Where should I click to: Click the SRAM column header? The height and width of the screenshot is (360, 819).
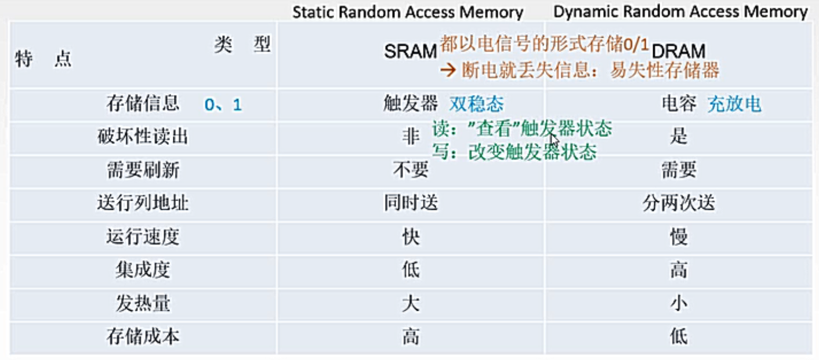coord(409,52)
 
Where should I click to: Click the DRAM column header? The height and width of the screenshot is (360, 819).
coord(678,52)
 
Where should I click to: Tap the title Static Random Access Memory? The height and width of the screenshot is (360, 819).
coord(407,12)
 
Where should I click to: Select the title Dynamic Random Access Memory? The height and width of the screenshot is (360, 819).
coord(680,12)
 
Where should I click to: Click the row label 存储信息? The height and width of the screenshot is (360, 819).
coord(143,104)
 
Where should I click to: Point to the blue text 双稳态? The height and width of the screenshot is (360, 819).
coord(476,104)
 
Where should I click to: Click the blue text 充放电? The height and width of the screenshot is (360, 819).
coord(734,104)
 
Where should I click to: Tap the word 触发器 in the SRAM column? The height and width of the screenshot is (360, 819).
coord(410,104)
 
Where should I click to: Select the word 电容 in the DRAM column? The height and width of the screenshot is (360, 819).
coord(679,104)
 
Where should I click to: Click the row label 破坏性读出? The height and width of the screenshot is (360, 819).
coord(143,137)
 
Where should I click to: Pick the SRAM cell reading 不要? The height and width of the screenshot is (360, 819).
coord(410,170)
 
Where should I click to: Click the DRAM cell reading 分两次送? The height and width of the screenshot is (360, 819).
coord(678,203)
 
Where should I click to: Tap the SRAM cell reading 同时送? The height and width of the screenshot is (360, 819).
coord(410,203)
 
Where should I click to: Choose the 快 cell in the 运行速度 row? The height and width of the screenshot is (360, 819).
coord(410,237)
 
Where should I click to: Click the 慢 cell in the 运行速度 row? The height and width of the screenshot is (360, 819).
coord(678,237)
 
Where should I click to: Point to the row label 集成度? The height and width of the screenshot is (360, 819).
coord(143,270)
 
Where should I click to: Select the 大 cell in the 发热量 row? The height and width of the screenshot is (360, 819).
coord(410,303)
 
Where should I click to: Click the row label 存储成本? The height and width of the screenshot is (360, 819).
coord(143,336)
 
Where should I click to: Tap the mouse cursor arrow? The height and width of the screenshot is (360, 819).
coord(555,141)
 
